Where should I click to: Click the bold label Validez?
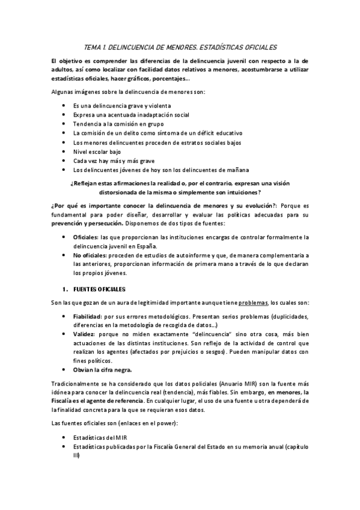84,342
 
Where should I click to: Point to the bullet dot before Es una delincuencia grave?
64,105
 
